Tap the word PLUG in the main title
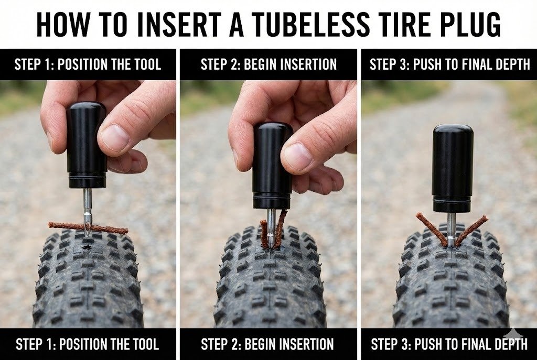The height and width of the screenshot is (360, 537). pos(471,25)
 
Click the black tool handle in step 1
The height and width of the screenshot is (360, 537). pos(87,145)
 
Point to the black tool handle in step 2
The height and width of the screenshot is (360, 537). pos(272,166)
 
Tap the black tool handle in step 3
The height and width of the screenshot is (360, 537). pos(453,168)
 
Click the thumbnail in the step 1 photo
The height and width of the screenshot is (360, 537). pos(115,138)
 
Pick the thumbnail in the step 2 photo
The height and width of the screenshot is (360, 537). pos(298,157)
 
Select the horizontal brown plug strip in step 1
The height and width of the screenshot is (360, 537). pos(88,227)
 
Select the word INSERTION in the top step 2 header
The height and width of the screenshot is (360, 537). pos(290,64)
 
